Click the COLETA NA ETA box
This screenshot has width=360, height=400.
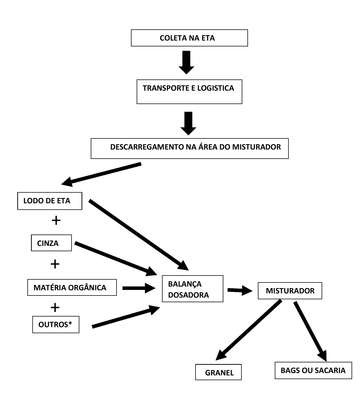pos(189,38)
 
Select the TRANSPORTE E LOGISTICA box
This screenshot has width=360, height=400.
pos(189,92)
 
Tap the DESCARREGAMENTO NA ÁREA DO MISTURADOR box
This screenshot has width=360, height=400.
pos(190,148)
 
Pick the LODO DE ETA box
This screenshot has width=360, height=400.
pos(50,201)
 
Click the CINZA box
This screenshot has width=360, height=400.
pos(51,243)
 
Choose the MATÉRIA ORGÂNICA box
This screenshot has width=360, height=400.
pos(72,287)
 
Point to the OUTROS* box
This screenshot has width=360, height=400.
pos(56,324)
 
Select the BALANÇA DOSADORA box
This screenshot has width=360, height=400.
pos(193,289)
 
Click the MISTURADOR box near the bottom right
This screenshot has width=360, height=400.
pos(290,291)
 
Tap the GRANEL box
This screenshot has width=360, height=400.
pos(219,372)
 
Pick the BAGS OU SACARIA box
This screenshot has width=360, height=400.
pos(313,370)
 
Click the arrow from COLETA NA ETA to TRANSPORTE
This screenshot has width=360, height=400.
pos(187,62)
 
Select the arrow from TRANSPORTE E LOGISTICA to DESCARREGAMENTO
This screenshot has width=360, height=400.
pos(189,123)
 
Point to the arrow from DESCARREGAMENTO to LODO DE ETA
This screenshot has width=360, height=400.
pos(101,174)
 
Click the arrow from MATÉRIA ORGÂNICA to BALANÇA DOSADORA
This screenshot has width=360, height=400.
pos(139,288)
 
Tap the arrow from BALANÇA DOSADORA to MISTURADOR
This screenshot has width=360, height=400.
pos(240,290)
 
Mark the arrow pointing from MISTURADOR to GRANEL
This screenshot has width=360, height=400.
pos(249,330)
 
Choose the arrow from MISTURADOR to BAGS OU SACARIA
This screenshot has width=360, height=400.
pos(310,331)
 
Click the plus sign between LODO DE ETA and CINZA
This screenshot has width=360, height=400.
pos(56,220)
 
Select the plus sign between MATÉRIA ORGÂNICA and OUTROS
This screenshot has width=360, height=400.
pos(55,307)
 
